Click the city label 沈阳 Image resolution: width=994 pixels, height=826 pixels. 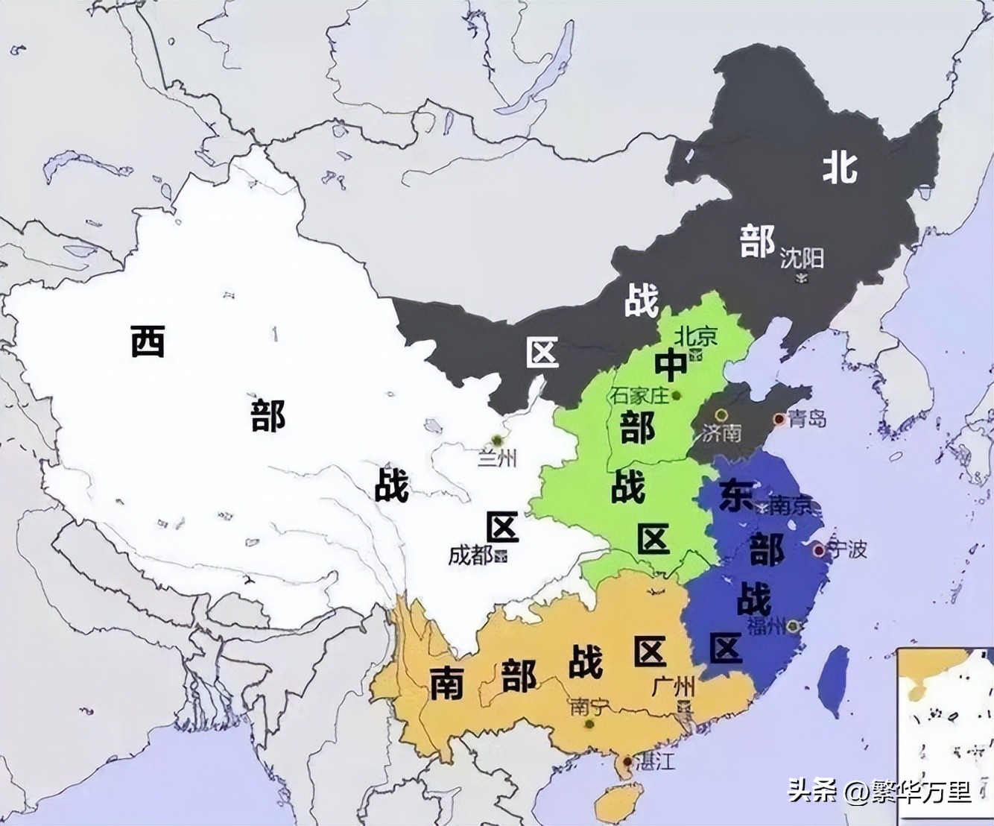click(x=802, y=258)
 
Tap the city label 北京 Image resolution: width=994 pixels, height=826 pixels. click(x=695, y=335)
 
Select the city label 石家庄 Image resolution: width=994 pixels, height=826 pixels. click(x=640, y=395)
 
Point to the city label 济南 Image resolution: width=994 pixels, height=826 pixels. click(x=721, y=432)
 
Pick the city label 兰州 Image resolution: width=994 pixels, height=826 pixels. click(x=497, y=458)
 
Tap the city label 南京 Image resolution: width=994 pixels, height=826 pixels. click(x=790, y=506)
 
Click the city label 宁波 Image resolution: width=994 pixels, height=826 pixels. click(x=847, y=549)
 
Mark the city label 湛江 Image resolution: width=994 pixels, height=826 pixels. click(x=656, y=762)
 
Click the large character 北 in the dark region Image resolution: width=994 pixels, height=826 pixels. click(x=840, y=167)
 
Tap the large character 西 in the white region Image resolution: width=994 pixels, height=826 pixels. click(x=148, y=341)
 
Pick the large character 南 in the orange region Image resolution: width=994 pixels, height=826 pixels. click(x=447, y=682)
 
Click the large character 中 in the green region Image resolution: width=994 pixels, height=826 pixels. click(x=671, y=365)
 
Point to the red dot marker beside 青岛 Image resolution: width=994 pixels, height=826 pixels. click(x=779, y=420)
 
